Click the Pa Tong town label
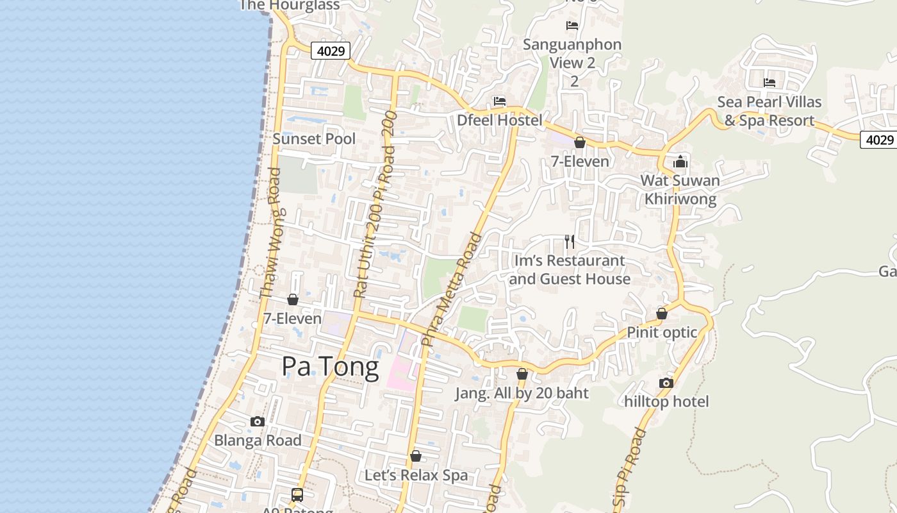pos(330,366)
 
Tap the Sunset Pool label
pos(314,139)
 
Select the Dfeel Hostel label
pos(499,120)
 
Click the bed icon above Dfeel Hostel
pos(499,101)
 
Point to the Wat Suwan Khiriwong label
pos(680,189)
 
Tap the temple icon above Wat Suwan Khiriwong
pos(680,162)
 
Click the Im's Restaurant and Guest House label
pos(570,269)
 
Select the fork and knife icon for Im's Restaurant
pos(569,242)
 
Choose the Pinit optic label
pos(662,332)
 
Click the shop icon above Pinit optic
pos(662,314)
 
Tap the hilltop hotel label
pos(666,401)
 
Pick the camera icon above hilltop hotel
pos(666,383)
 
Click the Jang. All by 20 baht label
pos(522,393)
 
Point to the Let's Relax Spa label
pos(416,475)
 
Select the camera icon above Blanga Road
pos(258,421)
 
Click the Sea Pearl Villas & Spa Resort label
pos(769,111)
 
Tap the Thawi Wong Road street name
pos(271,234)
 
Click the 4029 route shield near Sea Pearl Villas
pos(878,140)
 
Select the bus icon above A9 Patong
pos(297,494)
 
